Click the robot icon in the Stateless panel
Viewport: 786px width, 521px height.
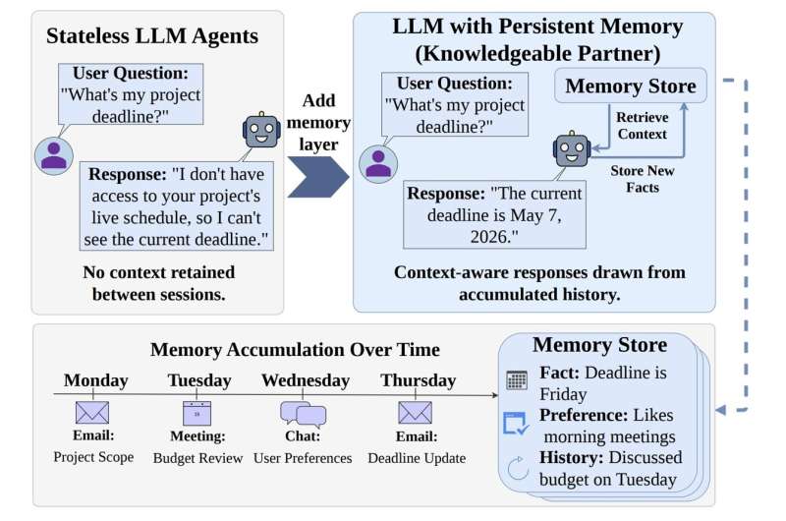pyautogui.click(x=261, y=130)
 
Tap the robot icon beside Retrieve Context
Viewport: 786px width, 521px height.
pyautogui.click(x=572, y=149)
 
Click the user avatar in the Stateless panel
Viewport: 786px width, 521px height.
pyautogui.click(x=54, y=156)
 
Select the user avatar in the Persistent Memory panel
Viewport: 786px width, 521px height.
pyautogui.click(x=378, y=164)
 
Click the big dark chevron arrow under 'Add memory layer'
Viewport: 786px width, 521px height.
pyautogui.click(x=318, y=177)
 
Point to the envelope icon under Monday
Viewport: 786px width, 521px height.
pyautogui.click(x=92, y=413)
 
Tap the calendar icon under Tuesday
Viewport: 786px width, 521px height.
pyautogui.click(x=197, y=413)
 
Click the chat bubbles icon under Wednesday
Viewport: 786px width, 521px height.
pyautogui.click(x=304, y=414)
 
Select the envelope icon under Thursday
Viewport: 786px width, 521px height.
pyautogui.click(x=415, y=413)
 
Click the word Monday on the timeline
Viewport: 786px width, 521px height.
pyautogui.click(x=95, y=380)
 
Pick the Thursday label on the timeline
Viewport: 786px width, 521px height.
pyautogui.click(x=419, y=380)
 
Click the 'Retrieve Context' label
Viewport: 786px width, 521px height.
pyautogui.click(x=643, y=126)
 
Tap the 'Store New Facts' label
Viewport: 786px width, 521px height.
pyautogui.click(x=643, y=179)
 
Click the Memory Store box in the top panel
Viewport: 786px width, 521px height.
pyautogui.click(x=631, y=86)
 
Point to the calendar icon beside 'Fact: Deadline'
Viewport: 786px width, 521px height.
pyautogui.click(x=517, y=380)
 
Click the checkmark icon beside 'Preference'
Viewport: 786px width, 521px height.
pyautogui.click(x=516, y=424)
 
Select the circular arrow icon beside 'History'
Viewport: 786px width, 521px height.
pyautogui.click(x=518, y=468)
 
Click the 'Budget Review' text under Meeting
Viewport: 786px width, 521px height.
pyautogui.click(x=198, y=458)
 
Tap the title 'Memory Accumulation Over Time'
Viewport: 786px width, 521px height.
pyautogui.click(x=296, y=350)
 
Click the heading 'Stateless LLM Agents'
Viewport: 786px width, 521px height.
pyautogui.click(x=152, y=36)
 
